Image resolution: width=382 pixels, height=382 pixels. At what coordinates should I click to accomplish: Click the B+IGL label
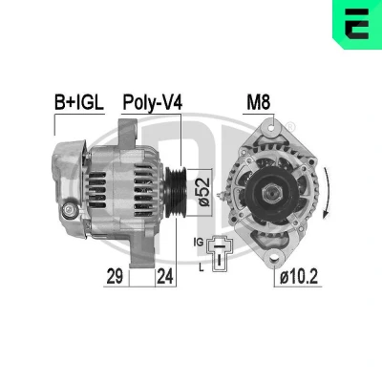click(79, 102)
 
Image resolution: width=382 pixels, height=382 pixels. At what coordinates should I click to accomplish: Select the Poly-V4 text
click(153, 103)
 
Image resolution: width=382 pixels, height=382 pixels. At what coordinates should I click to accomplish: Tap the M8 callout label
click(258, 102)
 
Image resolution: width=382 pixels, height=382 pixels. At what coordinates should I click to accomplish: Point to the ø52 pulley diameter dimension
click(203, 191)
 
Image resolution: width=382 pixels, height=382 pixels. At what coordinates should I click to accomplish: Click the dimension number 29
click(115, 276)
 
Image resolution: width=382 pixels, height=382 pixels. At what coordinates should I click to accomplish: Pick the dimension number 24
click(165, 276)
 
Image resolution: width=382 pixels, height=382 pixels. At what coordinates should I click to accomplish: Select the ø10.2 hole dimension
click(299, 276)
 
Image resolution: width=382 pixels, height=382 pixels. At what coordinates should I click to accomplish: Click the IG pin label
click(198, 243)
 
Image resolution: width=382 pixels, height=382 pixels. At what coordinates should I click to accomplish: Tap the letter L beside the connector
click(202, 268)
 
